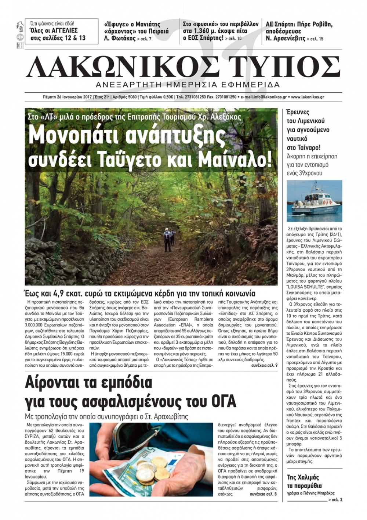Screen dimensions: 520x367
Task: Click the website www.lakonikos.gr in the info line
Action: [x=307, y=97]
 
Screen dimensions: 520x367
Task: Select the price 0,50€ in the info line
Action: [x=167, y=97]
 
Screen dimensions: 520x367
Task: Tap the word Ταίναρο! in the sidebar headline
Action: [x=304, y=147]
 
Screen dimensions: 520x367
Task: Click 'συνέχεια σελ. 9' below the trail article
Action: [x=264, y=366]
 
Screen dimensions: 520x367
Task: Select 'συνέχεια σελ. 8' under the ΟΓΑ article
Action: [x=263, y=494]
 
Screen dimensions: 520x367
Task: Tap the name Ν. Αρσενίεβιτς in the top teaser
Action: [x=286, y=38]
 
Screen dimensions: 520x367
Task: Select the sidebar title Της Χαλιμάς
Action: [x=303, y=477]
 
